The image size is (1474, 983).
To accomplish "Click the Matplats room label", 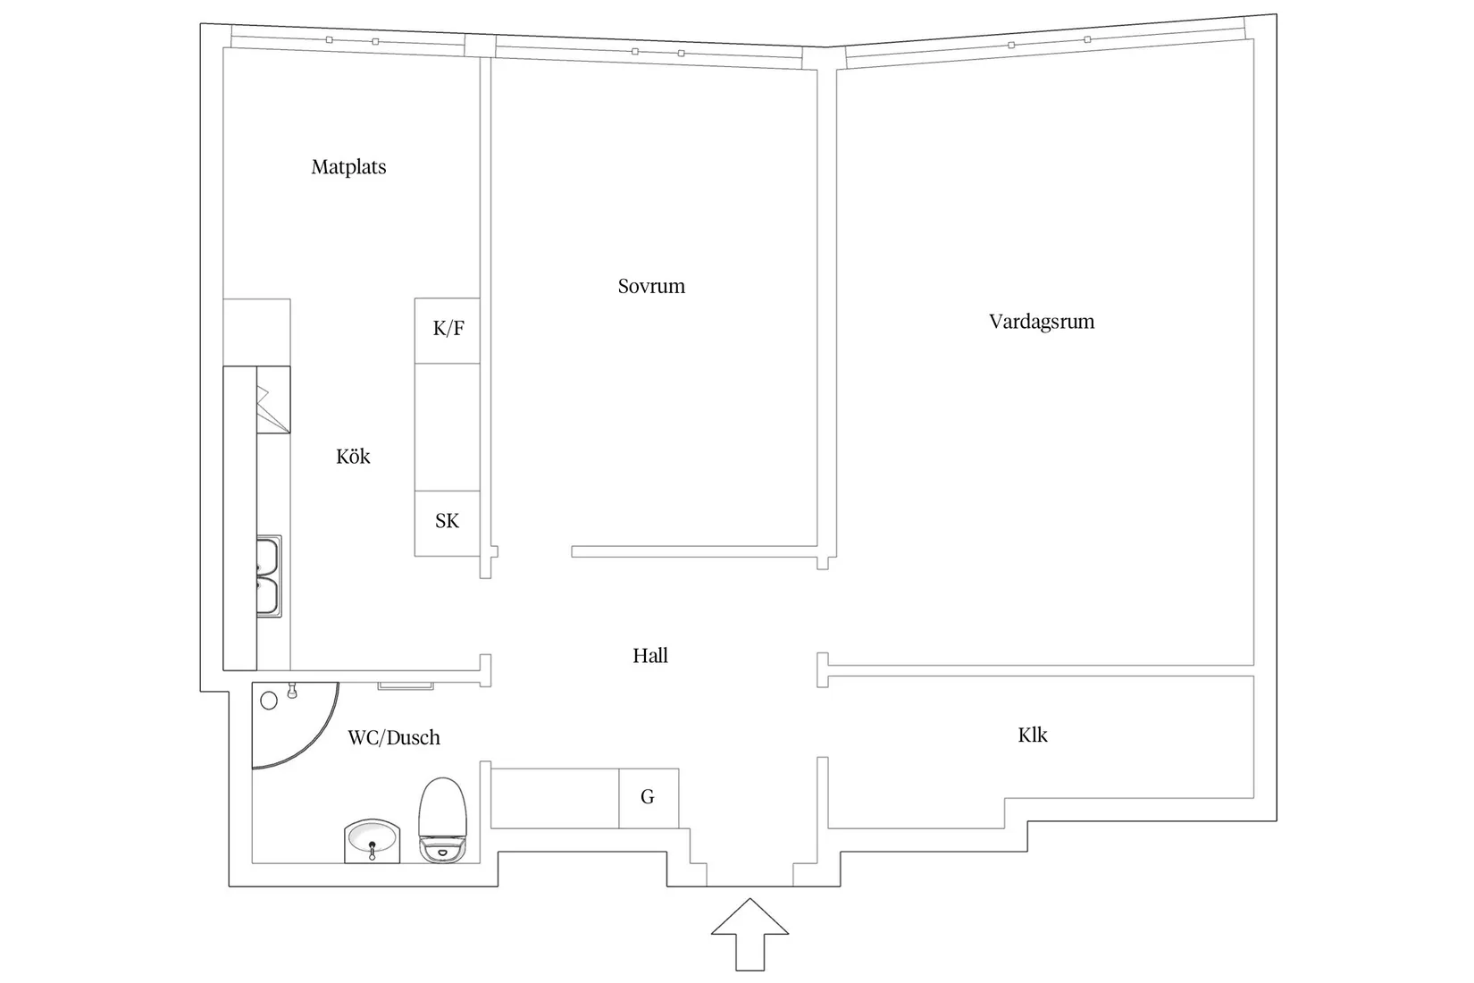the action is (348, 167).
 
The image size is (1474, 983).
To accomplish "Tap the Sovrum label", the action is (651, 286).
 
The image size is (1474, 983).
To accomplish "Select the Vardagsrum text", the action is (1042, 322).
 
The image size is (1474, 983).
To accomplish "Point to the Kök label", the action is (354, 457).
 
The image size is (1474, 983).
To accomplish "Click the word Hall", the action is (650, 656).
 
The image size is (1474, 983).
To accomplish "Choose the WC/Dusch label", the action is (394, 737).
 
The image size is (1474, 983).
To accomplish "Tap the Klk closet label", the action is (1033, 735).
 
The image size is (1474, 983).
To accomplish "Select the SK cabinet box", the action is (448, 524).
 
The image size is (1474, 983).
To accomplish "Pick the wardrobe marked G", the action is (649, 798).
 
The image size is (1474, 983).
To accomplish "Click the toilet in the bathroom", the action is (443, 819).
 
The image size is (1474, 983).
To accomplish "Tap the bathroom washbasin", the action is (373, 841).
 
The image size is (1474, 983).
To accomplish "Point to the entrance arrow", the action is (750, 934).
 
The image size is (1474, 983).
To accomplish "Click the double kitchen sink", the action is (269, 576).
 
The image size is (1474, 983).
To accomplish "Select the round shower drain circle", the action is (269, 701).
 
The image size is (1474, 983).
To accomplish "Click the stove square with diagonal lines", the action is (273, 399).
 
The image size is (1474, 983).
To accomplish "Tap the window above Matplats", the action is (348, 41).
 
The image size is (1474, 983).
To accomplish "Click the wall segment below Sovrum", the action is (694, 551).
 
